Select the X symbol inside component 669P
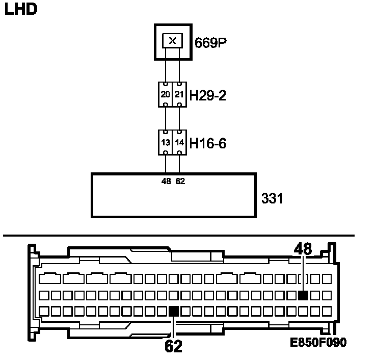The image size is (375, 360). pyautogui.click(x=173, y=40)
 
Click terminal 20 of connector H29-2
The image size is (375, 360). pyautogui.click(x=166, y=94)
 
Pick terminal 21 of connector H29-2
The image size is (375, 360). pyautogui.click(x=179, y=94)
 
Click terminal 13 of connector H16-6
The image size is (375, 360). pyautogui.click(x=166, y=143)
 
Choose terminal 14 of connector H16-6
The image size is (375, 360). pyautogui.click(x=179, y=143)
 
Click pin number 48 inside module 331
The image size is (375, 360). pyautogui.click(x=166, y=181)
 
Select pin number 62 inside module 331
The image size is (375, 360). pyautogui.click(x=179, y=181)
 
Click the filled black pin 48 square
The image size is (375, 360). pyautogui.click(x=303, y=295)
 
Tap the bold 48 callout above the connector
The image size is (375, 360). pyautogui.click(x=303, y=249)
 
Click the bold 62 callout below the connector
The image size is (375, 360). pyautogui.click(x=173, y=346)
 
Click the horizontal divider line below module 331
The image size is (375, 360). pyautogui.click(x=178, y=236)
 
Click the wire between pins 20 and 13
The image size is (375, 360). pyautogui.click(x=167, y=118)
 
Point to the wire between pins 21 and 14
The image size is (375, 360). pyautogui.click(x=179, y=118)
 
